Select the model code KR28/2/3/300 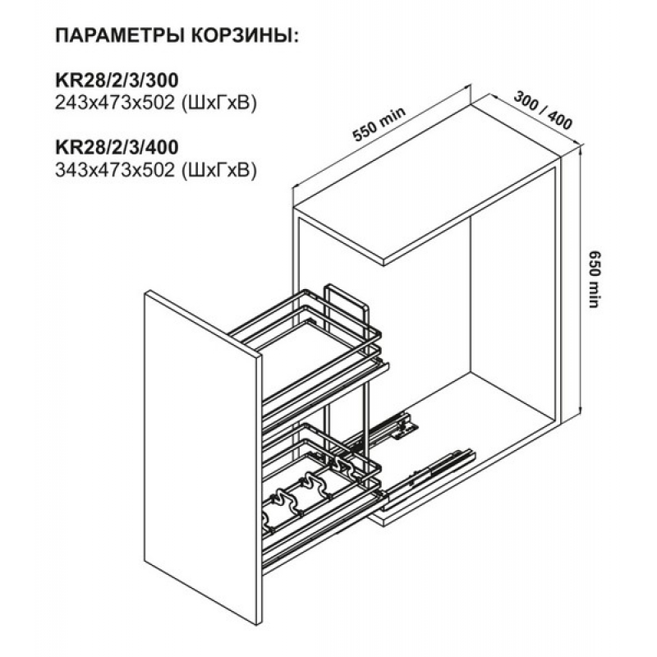[117, 80]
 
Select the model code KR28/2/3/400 [117, 147]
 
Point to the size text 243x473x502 [115, 103]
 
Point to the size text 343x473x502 [115, 170]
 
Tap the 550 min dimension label [379, 125]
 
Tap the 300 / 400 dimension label [543, 110]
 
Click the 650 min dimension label [595, 279]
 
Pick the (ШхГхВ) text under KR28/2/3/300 [218, 103]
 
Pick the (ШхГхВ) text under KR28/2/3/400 [218, 170]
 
